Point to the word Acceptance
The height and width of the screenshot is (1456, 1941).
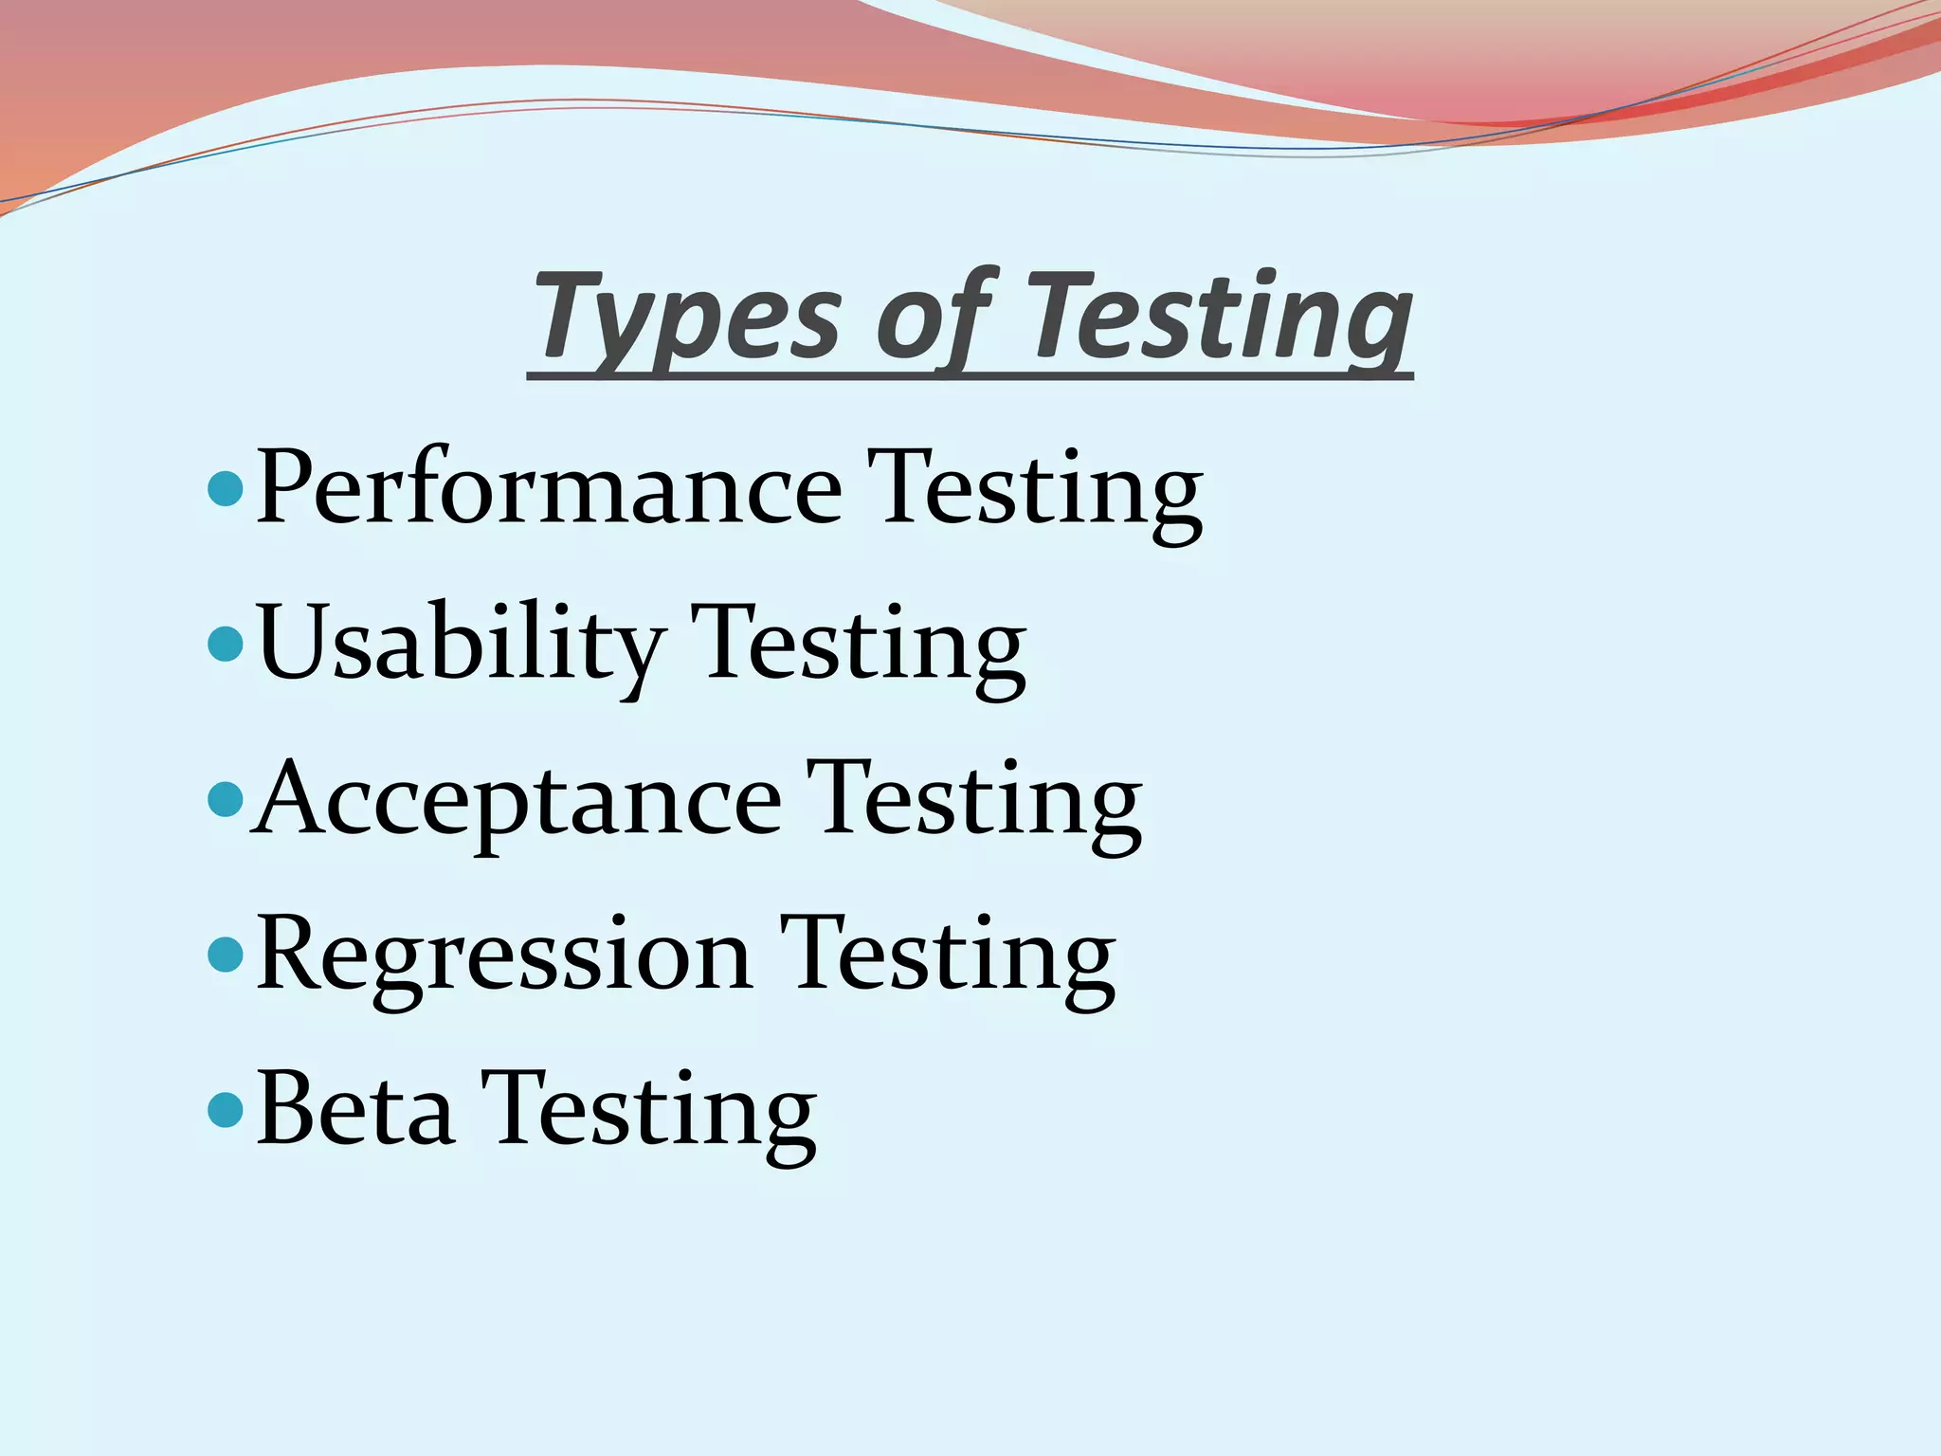(x=517, y=801)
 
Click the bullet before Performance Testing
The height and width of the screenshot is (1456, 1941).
(x=226, y=489)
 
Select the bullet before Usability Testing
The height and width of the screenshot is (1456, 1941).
(x=226, y=645)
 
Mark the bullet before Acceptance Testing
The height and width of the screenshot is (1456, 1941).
(x=226, y=799)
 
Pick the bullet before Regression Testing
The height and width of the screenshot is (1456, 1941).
(x=226, y=955)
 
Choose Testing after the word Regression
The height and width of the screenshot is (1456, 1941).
(x=949, y=958)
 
